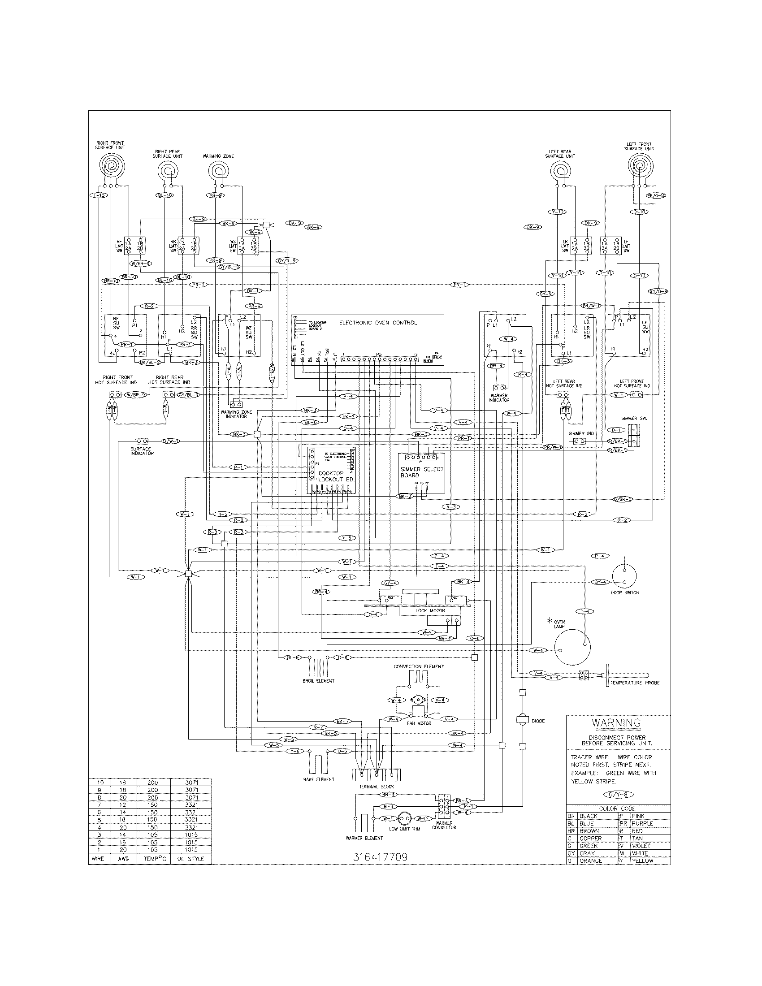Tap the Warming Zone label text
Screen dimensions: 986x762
point(218,156)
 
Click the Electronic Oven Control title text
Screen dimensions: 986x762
point(378,323)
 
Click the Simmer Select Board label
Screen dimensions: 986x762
point(422,472)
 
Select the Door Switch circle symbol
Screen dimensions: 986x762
point(625,576)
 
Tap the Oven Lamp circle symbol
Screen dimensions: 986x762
point(572,648)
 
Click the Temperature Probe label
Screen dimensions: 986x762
point(635,683)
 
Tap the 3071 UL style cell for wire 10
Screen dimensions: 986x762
point(191,783)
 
